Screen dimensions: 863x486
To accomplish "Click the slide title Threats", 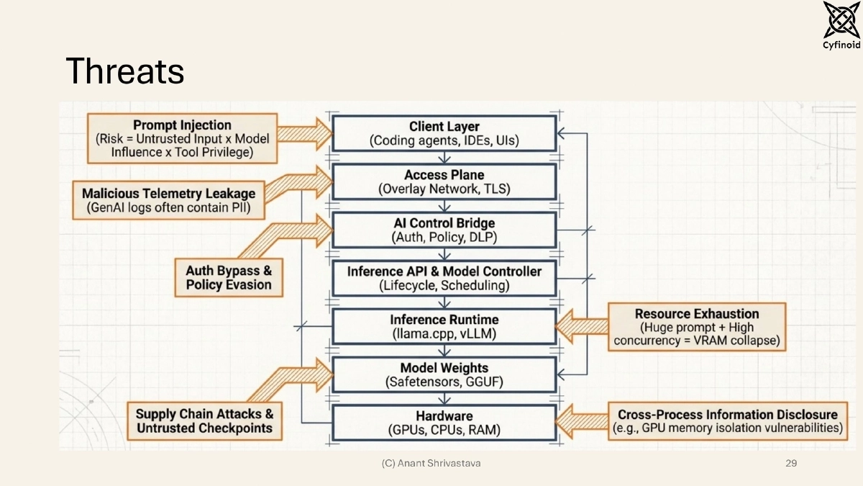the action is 125,71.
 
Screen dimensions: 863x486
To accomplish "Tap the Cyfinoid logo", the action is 841,25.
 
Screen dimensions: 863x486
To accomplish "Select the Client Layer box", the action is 444,133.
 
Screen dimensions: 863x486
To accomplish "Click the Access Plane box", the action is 444,181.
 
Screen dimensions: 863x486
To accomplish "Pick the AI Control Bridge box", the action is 444,230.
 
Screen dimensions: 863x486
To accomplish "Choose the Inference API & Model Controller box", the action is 444,278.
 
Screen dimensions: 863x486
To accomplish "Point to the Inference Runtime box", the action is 444,326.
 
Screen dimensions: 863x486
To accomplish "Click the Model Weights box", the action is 444,374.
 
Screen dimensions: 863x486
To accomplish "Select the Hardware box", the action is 444,423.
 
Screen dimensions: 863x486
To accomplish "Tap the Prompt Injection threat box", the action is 182,138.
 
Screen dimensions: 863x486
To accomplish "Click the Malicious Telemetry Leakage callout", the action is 169,200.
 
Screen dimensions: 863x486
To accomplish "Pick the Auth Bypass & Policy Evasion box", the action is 229,278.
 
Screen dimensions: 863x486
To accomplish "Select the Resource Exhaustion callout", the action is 697,327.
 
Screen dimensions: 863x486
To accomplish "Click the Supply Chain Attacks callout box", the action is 204,421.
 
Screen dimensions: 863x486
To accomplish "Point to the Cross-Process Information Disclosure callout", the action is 728,421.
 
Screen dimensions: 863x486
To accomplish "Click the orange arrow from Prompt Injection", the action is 304,134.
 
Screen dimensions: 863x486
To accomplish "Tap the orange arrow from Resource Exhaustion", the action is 582,326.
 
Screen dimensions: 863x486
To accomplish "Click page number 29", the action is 791,463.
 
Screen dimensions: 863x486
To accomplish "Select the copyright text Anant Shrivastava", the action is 439,463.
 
